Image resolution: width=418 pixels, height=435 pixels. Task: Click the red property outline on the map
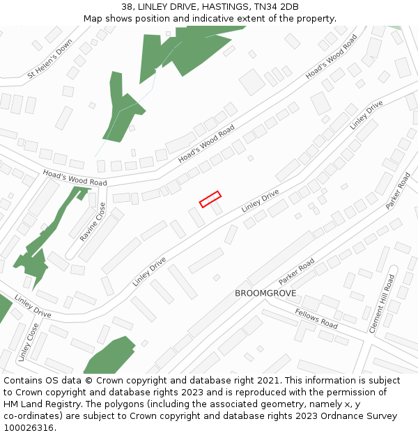pos(210,199)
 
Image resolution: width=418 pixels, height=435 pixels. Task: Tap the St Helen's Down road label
pos(49,59)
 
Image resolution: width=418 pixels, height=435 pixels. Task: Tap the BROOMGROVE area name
pos(265,294)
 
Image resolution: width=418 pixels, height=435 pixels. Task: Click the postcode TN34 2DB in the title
pos(277,7)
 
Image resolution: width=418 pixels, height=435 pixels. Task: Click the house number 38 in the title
pos(125,7)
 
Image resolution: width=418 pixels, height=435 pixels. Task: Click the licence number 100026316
pos(29,428)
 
